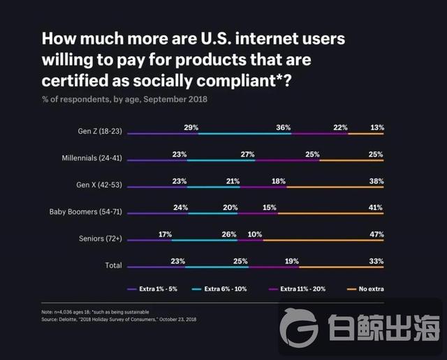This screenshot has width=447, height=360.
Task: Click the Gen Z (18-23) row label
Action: coord(100,131)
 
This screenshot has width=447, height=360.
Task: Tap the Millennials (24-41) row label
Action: coord(91,158)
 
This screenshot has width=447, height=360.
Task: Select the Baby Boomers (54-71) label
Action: coord(85,211)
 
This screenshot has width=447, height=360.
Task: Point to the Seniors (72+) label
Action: coord(101,238)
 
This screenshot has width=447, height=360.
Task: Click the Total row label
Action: coord(112,266)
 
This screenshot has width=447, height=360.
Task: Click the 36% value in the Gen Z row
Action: coord(283,127)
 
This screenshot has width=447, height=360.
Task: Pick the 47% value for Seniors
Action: coord(376,233)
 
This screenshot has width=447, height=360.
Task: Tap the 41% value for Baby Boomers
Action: coord(376,207)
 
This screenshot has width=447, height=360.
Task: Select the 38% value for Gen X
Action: coord(376,180)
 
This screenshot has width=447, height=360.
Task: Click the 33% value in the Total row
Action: coord(376,261)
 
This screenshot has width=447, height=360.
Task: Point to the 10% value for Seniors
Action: coord(255,233)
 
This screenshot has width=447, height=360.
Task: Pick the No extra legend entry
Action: coord(372,288)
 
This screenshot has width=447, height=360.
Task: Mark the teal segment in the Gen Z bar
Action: coord(244,133)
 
